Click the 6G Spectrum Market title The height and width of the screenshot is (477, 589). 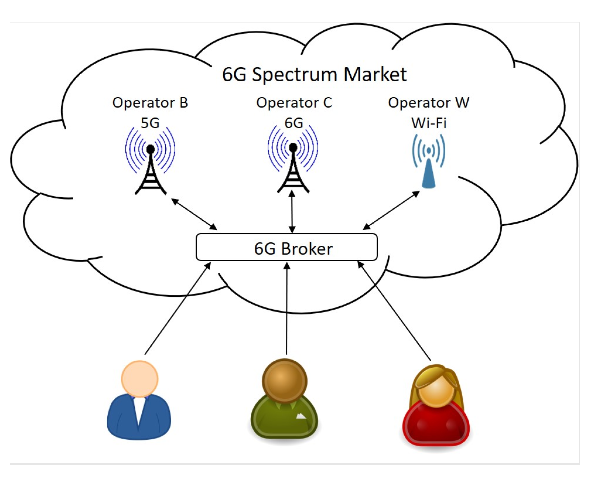point(314,74)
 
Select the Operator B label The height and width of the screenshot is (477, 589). point(150,103)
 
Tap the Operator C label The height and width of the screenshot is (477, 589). point(294,103)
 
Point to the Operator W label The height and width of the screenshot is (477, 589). point(428,103)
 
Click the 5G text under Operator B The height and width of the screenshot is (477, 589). point(150,123)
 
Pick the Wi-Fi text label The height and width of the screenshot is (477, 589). point(429,123)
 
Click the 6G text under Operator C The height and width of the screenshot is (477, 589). point(294,123)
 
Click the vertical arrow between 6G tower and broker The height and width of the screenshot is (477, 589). point(292,212)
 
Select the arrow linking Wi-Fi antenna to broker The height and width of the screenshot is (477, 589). point(391,210)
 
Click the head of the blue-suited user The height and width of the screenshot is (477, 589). point(140,379)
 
